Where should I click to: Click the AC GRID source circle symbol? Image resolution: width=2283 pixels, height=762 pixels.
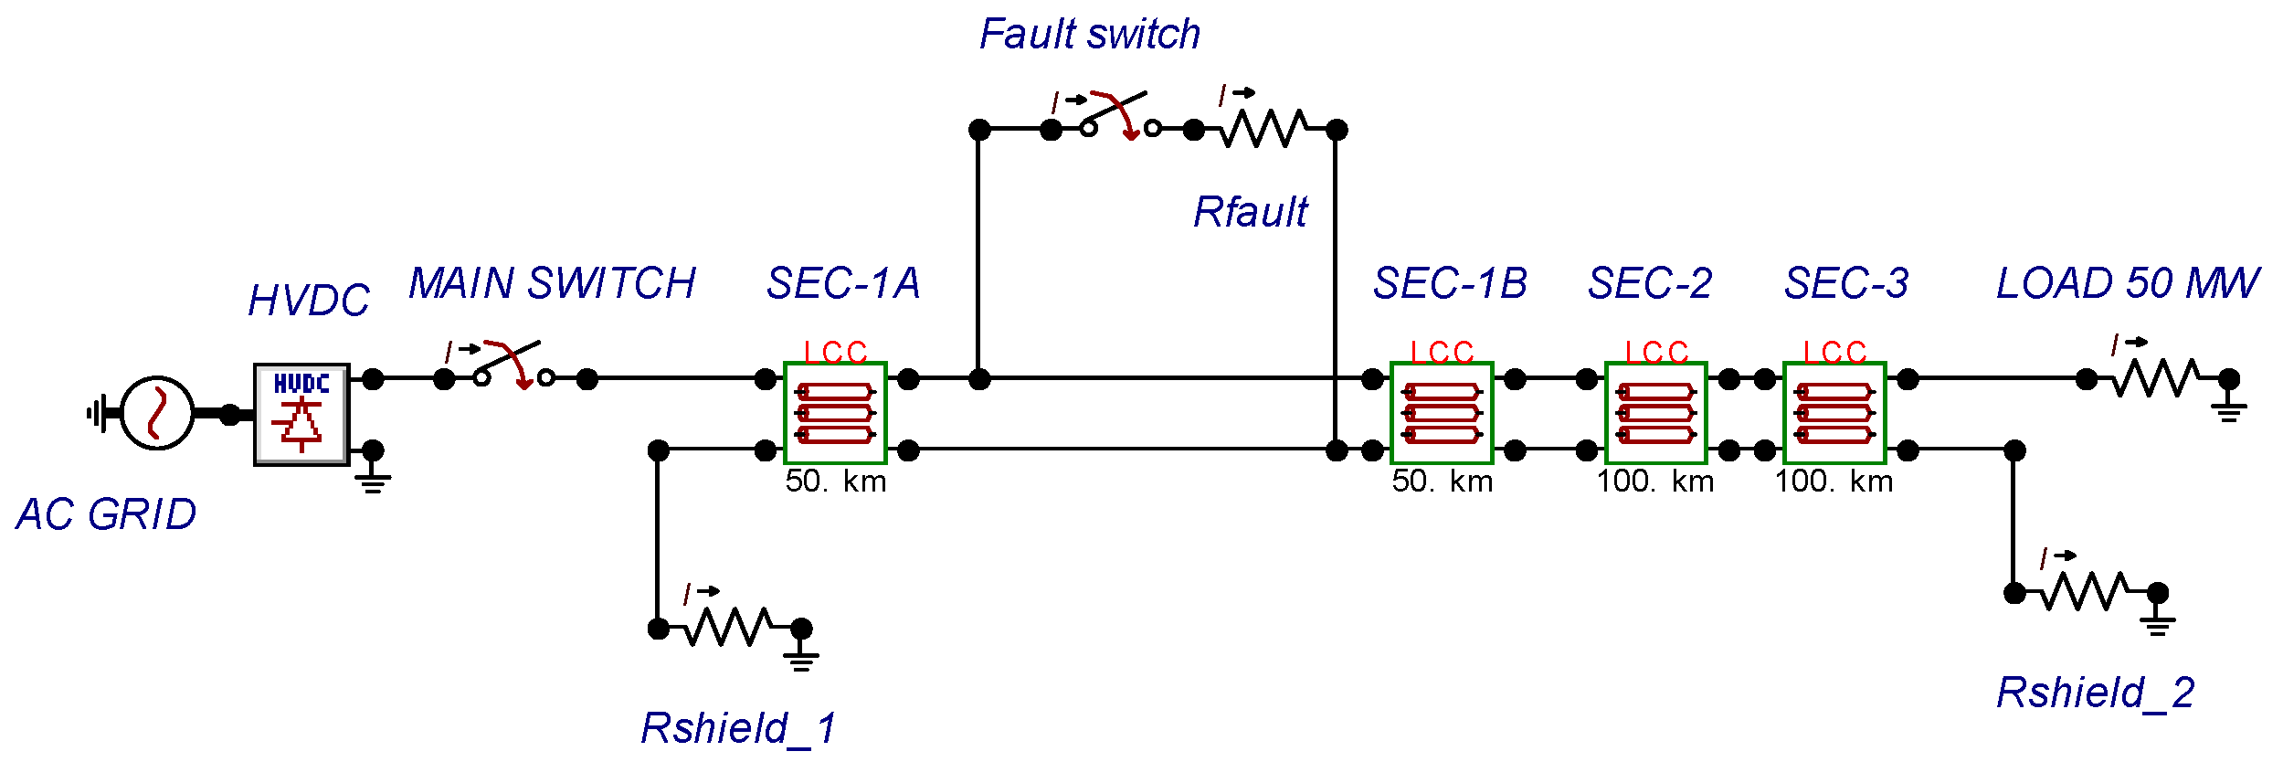157,413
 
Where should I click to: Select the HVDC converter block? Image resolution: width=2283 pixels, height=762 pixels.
301,414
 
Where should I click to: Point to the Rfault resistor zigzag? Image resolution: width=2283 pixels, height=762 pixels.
1263,129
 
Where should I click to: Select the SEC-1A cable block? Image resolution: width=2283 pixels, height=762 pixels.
835,413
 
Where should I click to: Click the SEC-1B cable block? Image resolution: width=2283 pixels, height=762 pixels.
1442,413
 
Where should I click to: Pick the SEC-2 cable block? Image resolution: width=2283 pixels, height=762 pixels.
1656,413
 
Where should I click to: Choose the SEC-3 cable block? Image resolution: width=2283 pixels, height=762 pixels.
1834,413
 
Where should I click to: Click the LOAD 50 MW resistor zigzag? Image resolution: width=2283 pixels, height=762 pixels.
2157,378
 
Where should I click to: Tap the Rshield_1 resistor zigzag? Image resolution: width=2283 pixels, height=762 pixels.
728,627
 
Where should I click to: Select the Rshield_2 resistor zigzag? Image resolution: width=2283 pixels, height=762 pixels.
2085,592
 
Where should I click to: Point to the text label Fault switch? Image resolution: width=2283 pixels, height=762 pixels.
1089,35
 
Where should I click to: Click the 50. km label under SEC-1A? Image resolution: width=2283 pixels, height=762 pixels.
835,482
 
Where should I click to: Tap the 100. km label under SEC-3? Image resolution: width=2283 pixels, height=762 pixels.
1834,482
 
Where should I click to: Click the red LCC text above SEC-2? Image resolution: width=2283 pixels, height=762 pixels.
1656,352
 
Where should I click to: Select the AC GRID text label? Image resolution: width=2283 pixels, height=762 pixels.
106,514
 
